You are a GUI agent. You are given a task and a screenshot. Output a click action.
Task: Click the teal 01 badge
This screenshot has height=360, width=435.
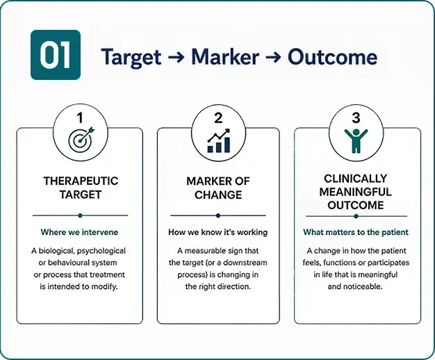pyautogui.click(x=56, y=55)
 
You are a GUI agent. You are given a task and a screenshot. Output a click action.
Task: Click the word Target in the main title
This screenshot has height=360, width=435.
pyautogui.click(x=131, y=57)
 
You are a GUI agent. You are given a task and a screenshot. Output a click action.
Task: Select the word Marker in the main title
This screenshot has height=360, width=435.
pyautogui.click(x=225, y=56)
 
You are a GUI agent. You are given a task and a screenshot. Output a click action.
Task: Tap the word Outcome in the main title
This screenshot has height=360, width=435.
pyautogui.click(x=332, y=56)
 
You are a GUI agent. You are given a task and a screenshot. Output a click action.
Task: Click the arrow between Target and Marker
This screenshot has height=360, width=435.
pyautogui.click(x=177, y=57)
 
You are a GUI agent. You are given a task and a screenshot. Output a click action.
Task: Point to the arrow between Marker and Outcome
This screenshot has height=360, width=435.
pyautogui.click(x=274, y=57)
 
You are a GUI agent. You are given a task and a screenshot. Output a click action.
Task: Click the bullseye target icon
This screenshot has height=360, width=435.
pyautogui.click(x=81, y=140)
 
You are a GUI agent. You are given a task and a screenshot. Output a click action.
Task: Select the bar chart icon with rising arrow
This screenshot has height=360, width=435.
pyautogui.click(x=219, y=140)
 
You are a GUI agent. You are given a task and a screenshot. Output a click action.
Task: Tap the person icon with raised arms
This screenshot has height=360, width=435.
pyautogui.click(x=356, y=140)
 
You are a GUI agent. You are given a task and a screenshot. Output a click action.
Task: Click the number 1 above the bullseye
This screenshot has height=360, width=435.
pyautogui.click(x=80, y=117)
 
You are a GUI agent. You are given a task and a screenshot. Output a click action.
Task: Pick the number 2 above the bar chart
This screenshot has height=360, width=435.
pyautogui.click(x=218, y=118)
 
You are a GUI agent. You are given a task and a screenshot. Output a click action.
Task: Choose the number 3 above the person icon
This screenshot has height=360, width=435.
pyautogui.click(x=356, y=117)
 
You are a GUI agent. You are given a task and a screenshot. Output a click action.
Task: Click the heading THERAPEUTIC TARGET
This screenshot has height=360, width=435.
pyautogui.click(x=81, y=188)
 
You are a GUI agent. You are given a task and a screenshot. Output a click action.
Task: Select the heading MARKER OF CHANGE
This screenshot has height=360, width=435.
pyautogui.click(x=218, y=188)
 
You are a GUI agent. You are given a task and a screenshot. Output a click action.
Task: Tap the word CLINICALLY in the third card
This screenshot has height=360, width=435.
pyautogui.click(x=355, y=179)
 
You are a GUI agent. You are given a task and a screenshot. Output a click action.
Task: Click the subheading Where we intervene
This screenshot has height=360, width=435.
pyautogui.click(x=79, y=232)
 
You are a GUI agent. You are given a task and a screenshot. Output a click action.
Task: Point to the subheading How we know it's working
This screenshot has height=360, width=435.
pyautogui.click(x=217, y=232)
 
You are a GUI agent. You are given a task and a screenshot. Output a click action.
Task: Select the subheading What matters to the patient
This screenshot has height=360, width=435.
pyautogui.click(x=356, y=232)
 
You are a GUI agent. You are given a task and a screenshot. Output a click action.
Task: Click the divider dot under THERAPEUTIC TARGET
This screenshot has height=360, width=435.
pyautogui.click(x=80, y=215)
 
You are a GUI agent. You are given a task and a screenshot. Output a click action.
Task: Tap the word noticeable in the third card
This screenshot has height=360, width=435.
pyautogui.click(x=364, y=286)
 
